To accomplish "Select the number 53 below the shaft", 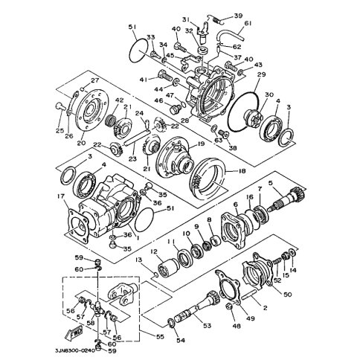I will (x=207, y=326).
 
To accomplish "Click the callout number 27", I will (x=95, y=80).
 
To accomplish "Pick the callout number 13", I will (x=138, y=260).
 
